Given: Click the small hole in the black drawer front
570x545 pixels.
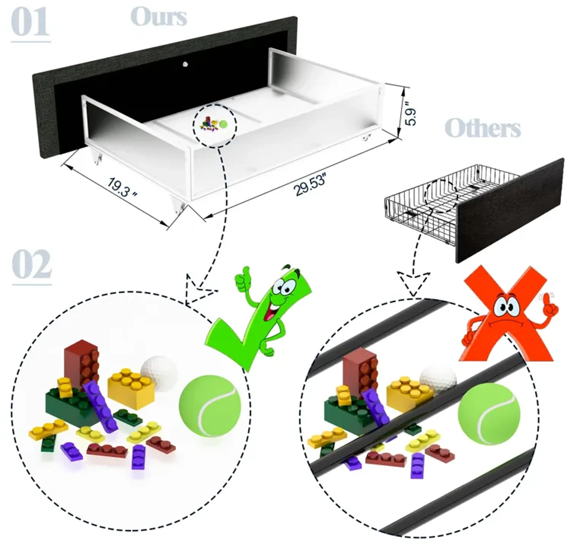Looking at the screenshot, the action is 185,64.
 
